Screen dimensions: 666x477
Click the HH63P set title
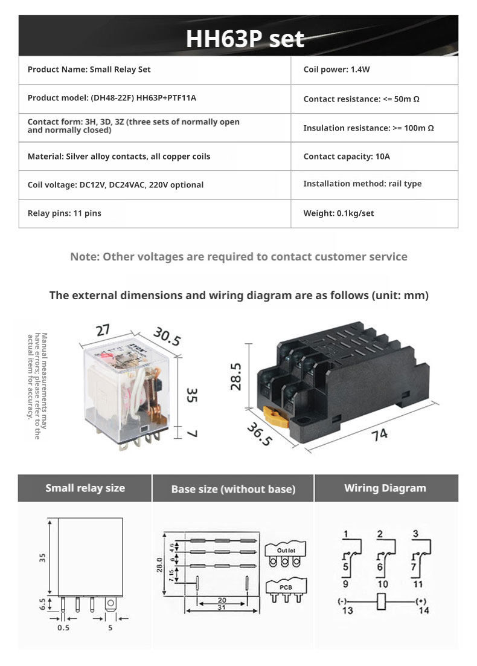[245, 39]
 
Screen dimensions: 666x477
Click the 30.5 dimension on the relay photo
[167, 337]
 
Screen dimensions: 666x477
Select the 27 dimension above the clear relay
[103, 331]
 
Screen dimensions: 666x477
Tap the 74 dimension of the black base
[380, 434]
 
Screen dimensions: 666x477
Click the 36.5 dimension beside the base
[259, 434]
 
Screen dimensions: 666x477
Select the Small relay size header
[85, 488]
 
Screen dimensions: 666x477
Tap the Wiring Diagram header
[385, 488]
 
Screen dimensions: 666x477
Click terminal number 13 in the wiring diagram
[347, 610]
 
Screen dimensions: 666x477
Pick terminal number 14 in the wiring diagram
[424, 610]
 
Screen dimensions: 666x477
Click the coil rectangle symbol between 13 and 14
[381, 601]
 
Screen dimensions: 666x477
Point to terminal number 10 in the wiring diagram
[383, 584]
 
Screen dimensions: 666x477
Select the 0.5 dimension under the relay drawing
[63, 627]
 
